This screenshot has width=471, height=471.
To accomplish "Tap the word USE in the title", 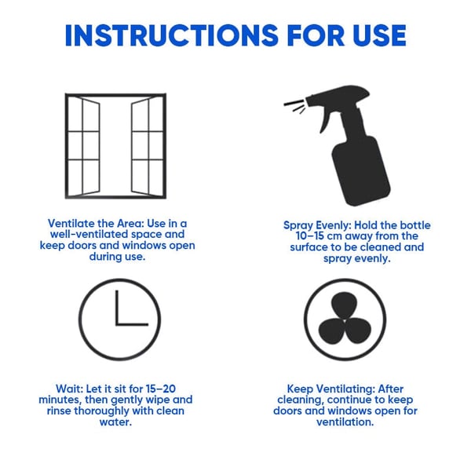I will tap(374, 35).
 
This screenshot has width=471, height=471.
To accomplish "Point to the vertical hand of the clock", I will tap(116, 307).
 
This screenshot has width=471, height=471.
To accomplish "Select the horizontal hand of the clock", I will tap(131, 324).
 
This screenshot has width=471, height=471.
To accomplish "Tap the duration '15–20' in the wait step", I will tap(166, 389).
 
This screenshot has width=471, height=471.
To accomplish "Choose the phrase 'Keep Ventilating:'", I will tap(329, 388).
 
